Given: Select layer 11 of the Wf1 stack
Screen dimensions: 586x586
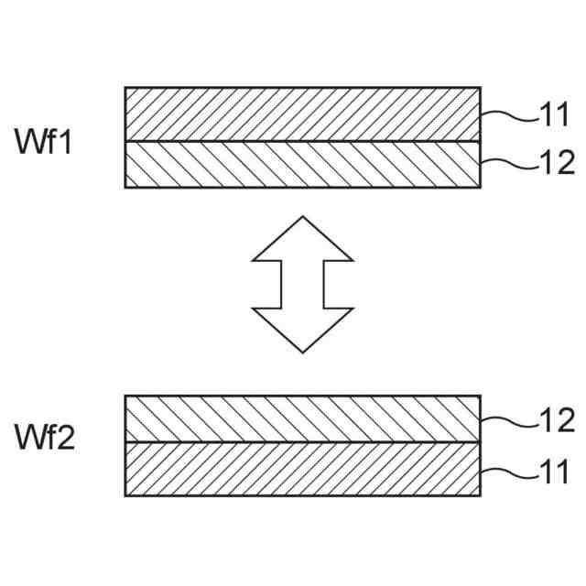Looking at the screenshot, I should coord(302,114).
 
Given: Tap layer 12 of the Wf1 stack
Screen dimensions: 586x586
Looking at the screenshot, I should coord(302,165).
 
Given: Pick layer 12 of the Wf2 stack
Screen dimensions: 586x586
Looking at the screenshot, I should coord(302,419).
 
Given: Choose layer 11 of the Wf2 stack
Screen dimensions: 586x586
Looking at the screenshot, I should coord(302,470).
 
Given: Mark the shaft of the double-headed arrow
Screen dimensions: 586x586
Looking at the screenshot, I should coord(302,285).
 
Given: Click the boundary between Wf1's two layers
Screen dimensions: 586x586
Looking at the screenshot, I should coord(302,141).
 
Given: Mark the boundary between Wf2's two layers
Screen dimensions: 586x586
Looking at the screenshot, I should coord(302,443).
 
